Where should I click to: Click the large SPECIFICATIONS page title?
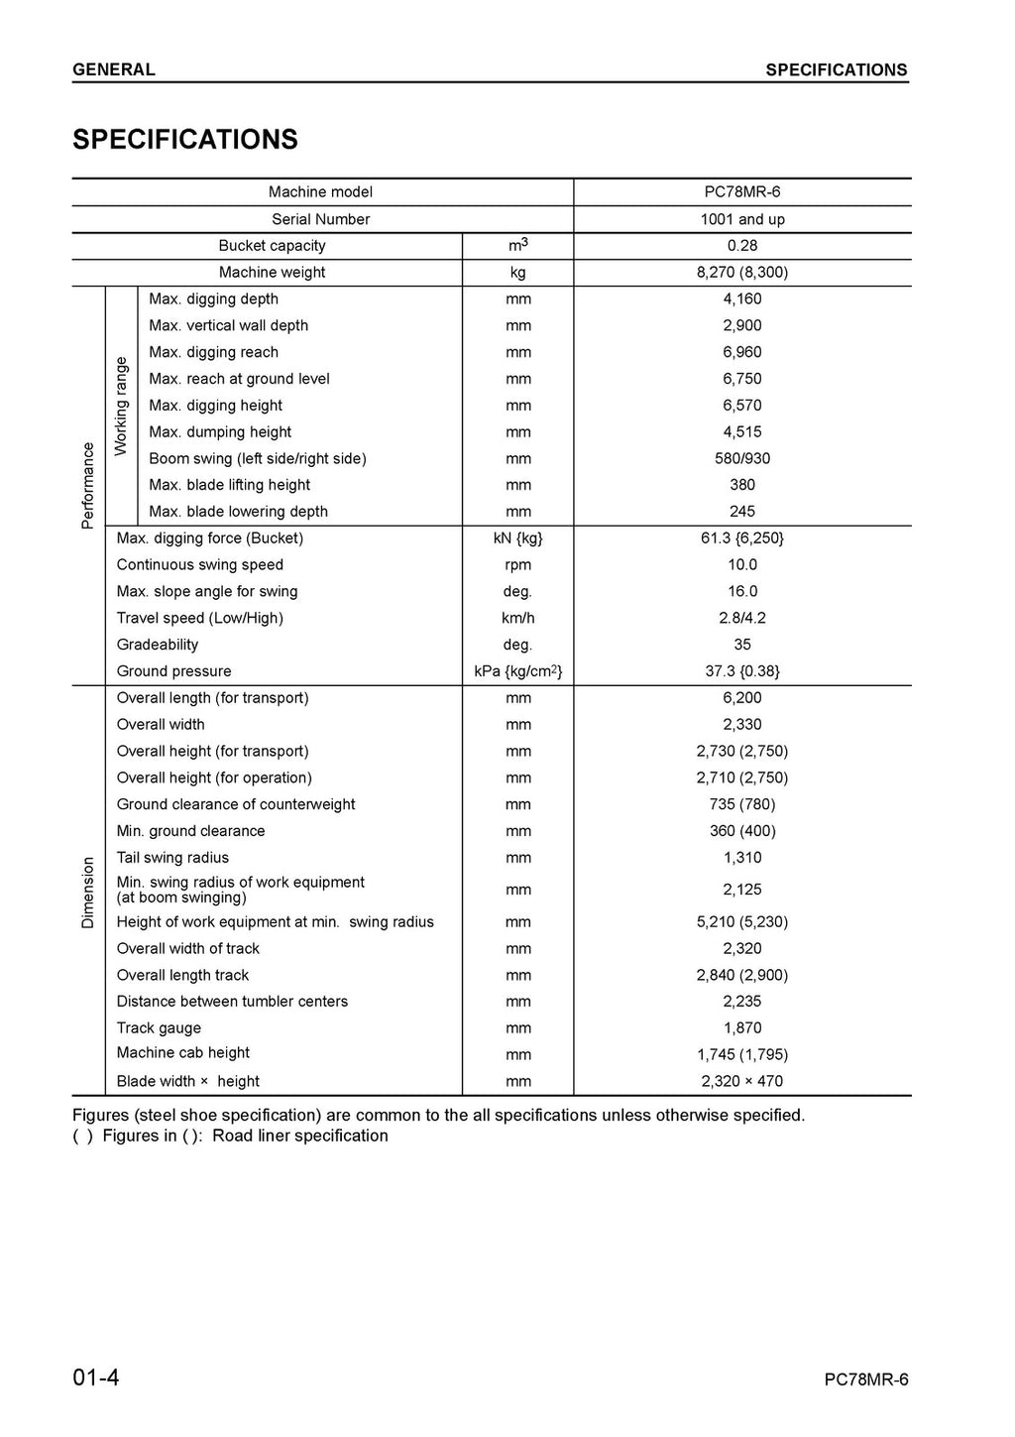click(x=185, y=139)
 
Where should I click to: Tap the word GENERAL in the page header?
click(x=114, y=69)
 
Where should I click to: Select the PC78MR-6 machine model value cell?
click(x=741, y=192)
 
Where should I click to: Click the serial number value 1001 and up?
click(x=741, y=219)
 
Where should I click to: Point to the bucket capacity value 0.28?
click(x=741, y=246)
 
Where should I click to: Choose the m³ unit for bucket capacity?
click(x=517, y=245)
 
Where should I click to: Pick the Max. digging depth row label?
click(x=213, y=299)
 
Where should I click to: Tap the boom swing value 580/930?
click(x=741, y=459)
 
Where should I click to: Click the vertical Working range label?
click(x=121, y=406)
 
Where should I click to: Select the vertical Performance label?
click(x=88, y=485)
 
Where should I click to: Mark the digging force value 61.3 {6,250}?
click(x=741, y=539)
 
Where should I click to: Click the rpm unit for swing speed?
click(x=517, y=565)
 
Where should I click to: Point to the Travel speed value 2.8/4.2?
click(x=741, y=618)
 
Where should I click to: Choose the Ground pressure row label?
click(x=173, y=671)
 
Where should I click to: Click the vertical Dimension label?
click(x=88, y=893)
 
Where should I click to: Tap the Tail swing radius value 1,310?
click(x=741, y=858)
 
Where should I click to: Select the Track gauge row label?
click(x=159, y=1028)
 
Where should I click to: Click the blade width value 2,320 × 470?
click(x=741, y=1082)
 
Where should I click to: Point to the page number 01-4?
click(x=96, y=1377)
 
